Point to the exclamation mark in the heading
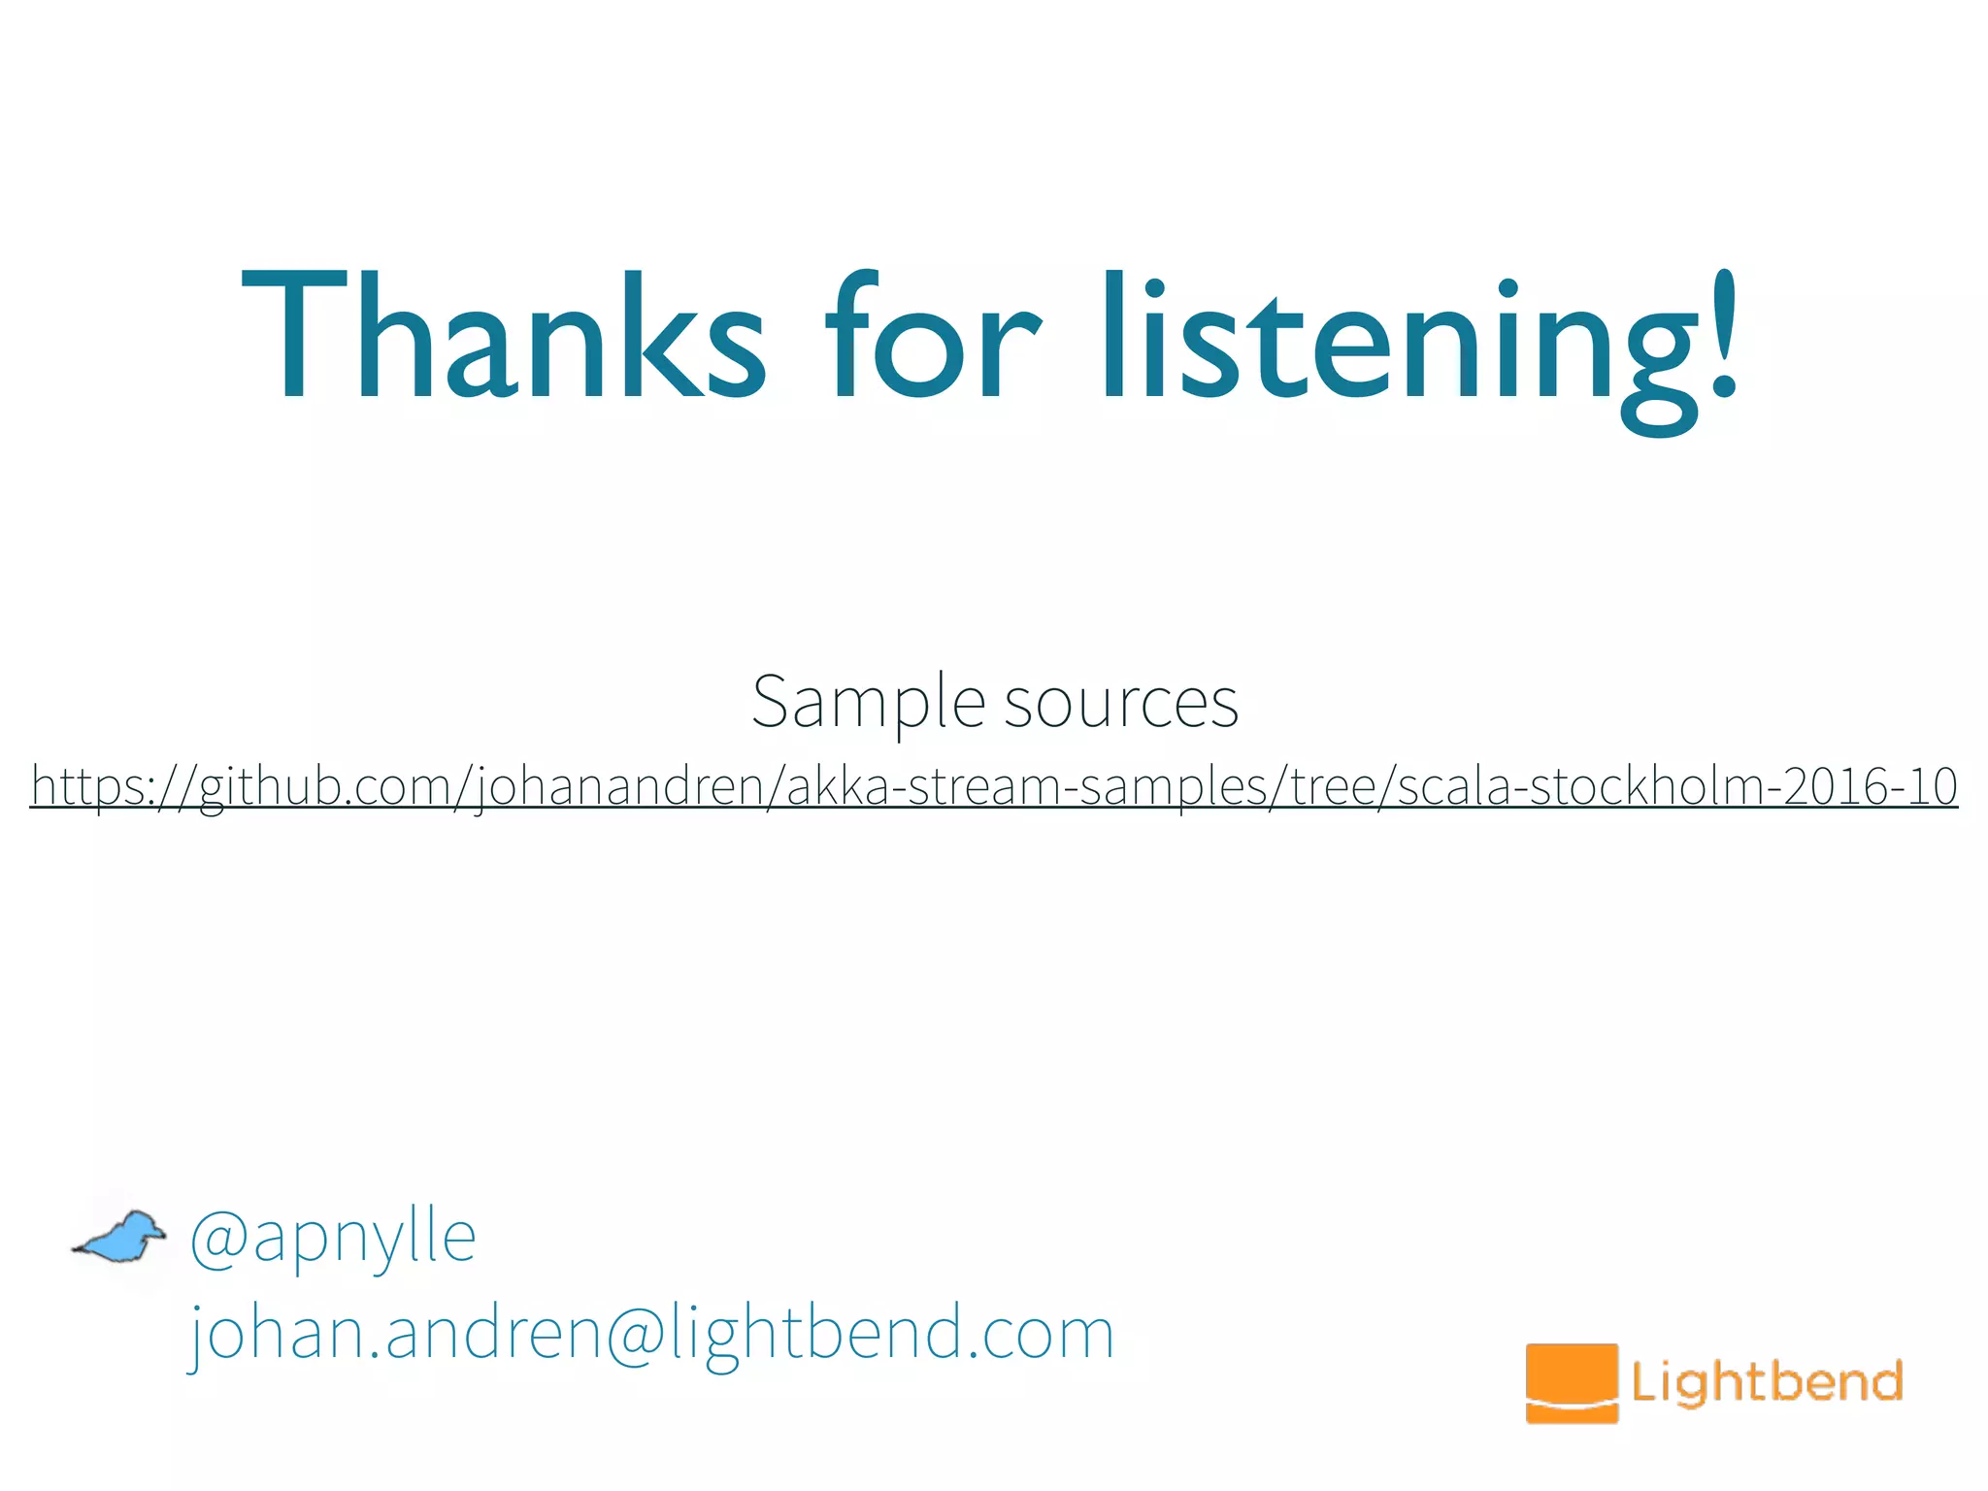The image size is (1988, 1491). tap(1722, 335)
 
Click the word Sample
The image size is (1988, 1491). tap(868, 702)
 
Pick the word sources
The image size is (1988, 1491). tap(1121, 702)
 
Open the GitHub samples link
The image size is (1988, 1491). tap(994, 786)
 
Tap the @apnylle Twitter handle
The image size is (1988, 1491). tap(333, 1238)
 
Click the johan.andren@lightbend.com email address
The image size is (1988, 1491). tap(650, 1333)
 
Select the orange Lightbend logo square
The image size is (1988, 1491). tap(1572, 1382)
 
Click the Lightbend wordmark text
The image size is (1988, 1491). tap(1767, 1381)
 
